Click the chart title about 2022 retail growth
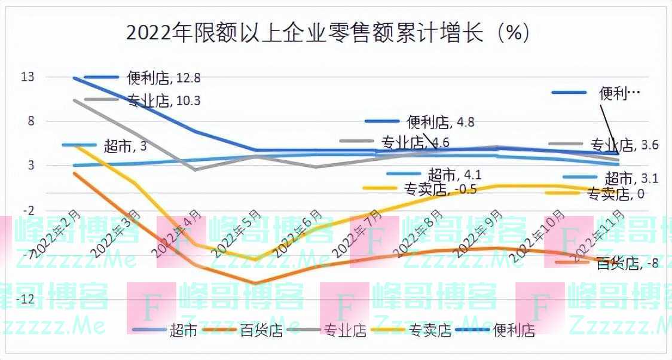point(328,32)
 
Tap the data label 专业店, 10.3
point(163,100)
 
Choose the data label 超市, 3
point(125,145)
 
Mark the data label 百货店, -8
point(627,263)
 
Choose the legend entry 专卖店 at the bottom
point(429,330)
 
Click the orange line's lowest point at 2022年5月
point(255,283)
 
